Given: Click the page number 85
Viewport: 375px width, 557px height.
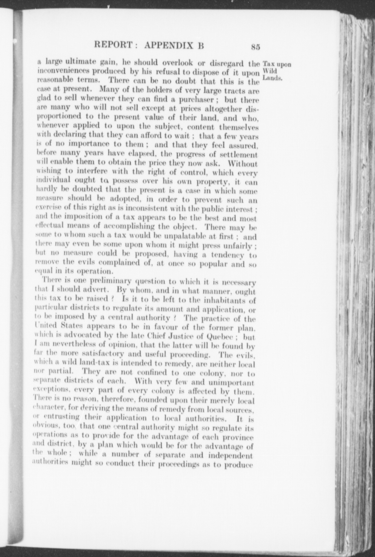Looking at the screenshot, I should pyautogui.click(x=255, y=47).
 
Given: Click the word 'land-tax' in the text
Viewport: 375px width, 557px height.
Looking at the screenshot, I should pyautogui.click(x=88, y=364).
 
